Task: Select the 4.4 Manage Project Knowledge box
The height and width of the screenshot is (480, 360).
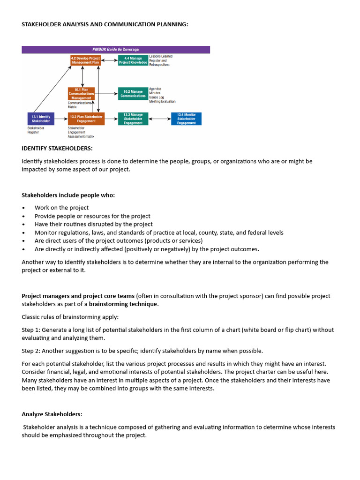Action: click(133, 60)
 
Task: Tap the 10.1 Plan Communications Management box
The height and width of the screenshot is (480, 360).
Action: click(81, 93)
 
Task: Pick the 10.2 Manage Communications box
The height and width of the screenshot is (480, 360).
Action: click(133, 93)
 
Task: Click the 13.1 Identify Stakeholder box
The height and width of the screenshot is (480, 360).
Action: click(41, 119)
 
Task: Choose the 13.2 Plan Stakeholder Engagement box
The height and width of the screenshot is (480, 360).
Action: click(85, 119)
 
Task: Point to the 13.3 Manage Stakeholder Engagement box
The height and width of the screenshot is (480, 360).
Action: click(133, 119)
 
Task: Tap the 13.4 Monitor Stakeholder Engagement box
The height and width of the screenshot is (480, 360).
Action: click(186, 119)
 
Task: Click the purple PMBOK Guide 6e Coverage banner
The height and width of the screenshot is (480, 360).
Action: click(116, 49)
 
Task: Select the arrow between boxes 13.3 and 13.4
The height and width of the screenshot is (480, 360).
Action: click(160, 119)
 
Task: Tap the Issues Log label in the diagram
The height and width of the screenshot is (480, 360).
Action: click(157, 97)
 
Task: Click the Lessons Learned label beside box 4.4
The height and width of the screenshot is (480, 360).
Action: click(160, 56)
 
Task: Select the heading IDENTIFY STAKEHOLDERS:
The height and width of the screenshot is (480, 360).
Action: click(57, 149)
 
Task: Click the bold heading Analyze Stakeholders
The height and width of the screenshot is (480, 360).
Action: click(52, 414)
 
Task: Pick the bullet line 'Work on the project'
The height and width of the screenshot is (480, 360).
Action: click(61, 208)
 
